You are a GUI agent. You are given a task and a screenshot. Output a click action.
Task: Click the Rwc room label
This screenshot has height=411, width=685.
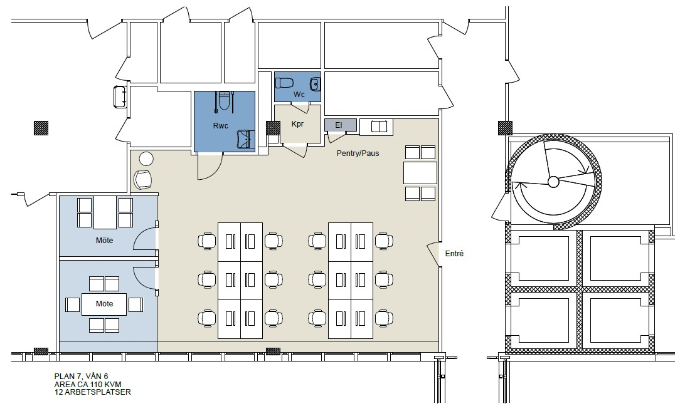pyautogui.click(x=221, y=126)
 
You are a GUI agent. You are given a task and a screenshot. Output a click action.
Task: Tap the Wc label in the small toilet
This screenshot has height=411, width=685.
pyautogui.click(x=299, y=95)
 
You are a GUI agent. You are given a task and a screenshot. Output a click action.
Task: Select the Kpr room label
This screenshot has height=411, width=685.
pyautogui.click(x=297, y=124)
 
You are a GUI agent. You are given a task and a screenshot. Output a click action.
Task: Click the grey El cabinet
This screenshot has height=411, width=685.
pyautogui.click(x=341, y=125)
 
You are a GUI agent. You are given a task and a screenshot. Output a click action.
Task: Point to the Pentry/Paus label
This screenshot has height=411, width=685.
pyautogui.click(x=358, y=153)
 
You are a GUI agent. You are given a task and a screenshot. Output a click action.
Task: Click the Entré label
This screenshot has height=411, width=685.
pyautogui.click(x=454, y=254)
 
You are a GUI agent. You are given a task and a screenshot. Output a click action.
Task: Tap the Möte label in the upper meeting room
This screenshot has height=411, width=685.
pyautogui.click(x=104, y=241)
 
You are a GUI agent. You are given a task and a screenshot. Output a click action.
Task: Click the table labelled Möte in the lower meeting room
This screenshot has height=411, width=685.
pyautogui.click(x=104, y=304)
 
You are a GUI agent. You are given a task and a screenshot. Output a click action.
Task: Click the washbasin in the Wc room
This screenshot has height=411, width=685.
pyautogui.click(x=314, y=83)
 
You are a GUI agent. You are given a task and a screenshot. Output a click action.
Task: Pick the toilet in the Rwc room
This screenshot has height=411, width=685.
pyautogui.click(x=224, y=101)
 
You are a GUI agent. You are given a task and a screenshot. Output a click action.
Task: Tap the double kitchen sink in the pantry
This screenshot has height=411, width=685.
pyautogui.click(x=379, y=127)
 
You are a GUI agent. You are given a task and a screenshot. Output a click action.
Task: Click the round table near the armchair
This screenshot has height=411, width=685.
pyautogui.click(x=146, y=159)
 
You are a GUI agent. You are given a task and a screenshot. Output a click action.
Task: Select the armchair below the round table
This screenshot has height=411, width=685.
pyautogui.click(x=143, y=179)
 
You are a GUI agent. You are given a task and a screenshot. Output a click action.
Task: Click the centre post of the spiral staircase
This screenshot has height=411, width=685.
pyautogui.click(x=553, y=182)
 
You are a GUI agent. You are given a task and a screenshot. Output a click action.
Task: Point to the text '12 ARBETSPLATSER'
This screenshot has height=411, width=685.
pyautogui.click(x=92, y=392)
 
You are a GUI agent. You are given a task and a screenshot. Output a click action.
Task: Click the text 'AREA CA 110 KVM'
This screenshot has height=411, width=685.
pyautogui.click(x=87, y=384)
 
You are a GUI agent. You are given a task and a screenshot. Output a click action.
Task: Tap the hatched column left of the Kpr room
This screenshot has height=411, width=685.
pyautogui.click(x=273, y=128)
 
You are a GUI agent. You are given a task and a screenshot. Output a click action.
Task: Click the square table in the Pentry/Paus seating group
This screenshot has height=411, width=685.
pyautogui.click(x=420, y=173)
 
